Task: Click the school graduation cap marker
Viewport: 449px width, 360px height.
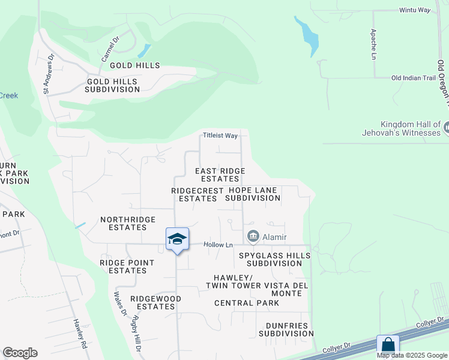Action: (178, 238)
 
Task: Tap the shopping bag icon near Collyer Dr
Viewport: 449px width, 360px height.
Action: (388, 345)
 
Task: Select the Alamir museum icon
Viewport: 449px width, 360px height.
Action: (253, 236)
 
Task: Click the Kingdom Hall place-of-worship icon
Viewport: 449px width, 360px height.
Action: (448, 127)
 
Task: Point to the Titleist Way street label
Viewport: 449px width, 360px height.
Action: (220, 136)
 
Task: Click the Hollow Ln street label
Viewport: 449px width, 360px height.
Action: (218, 245)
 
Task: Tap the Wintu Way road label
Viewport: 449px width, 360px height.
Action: (415, 10)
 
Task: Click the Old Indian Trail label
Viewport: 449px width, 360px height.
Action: (413, 78)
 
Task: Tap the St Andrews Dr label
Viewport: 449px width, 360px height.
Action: (49, 74)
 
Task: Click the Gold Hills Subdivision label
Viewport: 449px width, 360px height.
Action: (112, 85)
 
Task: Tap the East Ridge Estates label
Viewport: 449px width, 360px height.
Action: (220, 175)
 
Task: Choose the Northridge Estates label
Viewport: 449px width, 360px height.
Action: (128, 223)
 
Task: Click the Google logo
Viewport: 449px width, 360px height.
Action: (20, 353)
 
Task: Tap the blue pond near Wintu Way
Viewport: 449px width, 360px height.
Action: (307, 35)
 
